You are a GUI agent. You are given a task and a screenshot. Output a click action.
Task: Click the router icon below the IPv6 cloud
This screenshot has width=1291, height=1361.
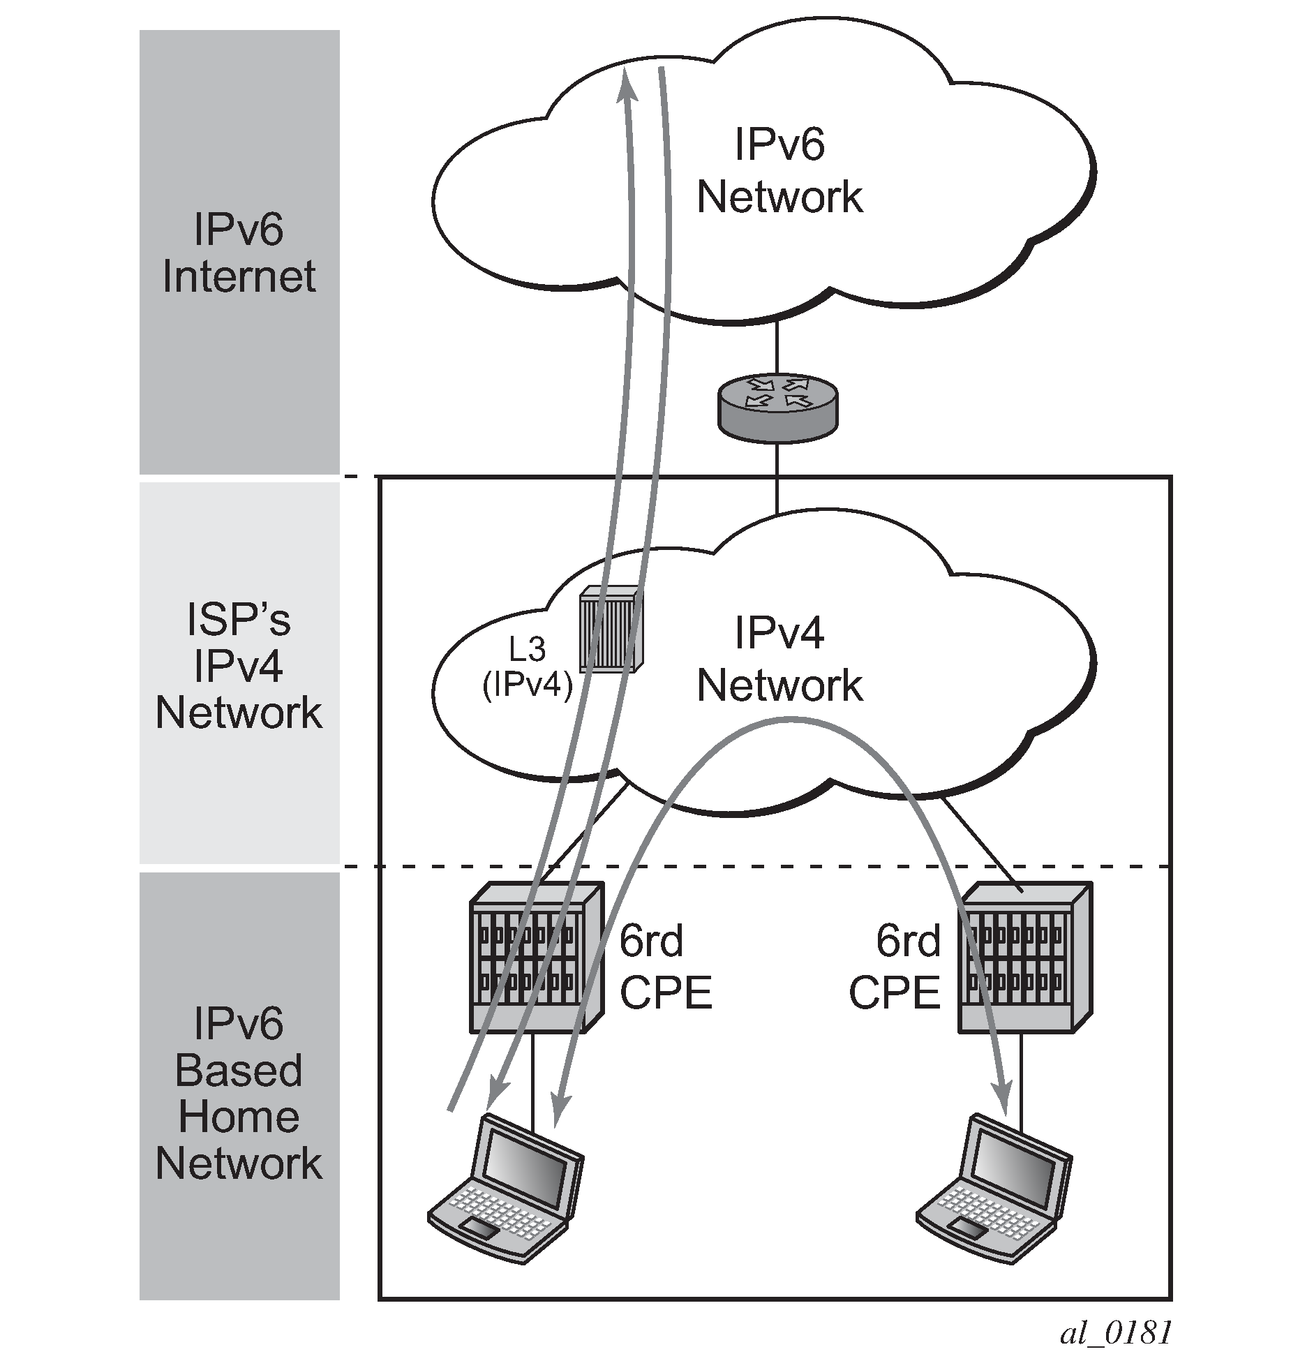(x=777, y=408)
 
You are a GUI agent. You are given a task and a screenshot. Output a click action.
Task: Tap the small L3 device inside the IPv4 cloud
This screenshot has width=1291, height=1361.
(x=611, y=629)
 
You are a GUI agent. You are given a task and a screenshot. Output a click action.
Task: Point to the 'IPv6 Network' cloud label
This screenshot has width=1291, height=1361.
(x=779, y=171)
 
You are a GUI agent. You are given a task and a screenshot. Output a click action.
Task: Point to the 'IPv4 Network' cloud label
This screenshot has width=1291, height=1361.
(x=779, y=660)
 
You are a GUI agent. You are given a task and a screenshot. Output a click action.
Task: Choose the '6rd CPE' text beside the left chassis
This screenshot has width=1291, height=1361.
(x=666, y=967)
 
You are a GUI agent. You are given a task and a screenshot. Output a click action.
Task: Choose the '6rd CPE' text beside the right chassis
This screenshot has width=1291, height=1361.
(x=895, y=967)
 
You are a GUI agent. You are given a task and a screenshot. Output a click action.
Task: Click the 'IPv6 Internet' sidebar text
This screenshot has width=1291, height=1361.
(x=239, y=252)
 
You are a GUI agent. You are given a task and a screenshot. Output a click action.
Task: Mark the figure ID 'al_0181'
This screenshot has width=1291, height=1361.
(x=1115, y=1333)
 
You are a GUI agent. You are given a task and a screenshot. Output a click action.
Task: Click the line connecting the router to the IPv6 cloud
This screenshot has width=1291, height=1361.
(x=777, y=346)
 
